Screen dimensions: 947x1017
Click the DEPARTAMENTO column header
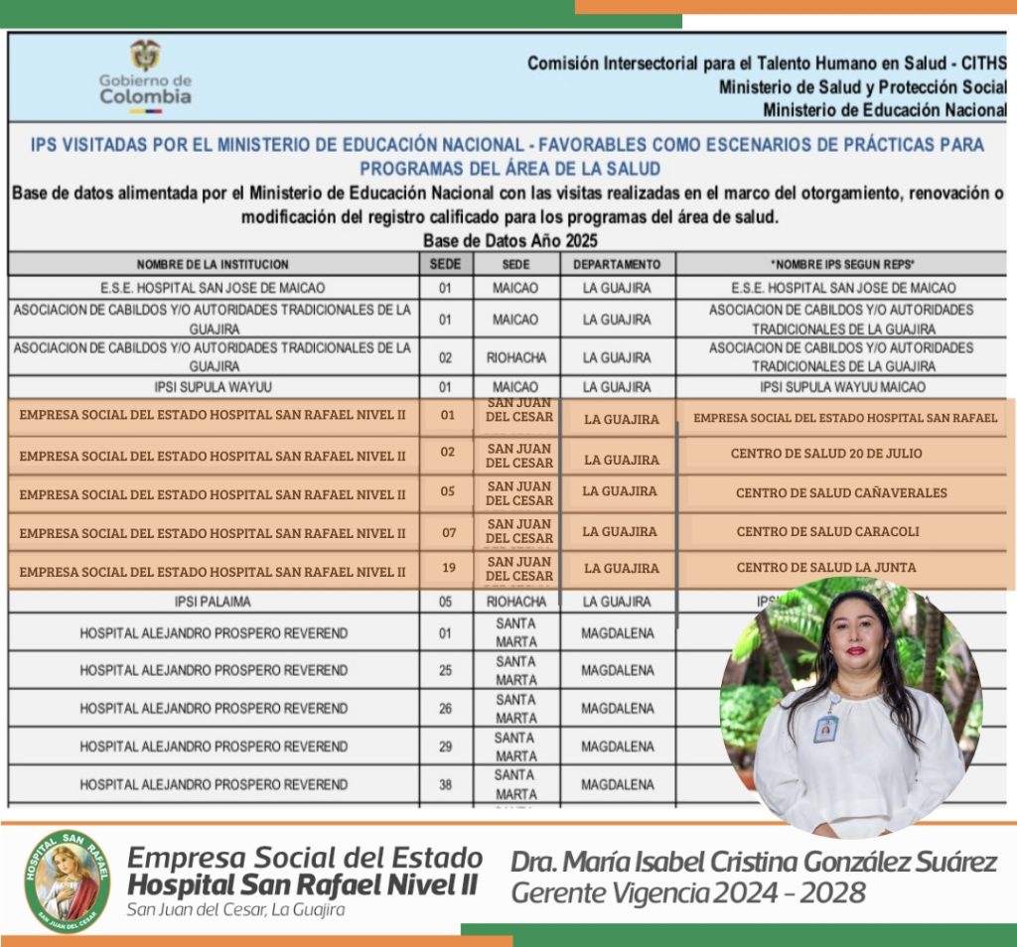tap(616, 264)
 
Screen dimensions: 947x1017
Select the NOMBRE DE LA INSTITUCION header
tap(213, 264)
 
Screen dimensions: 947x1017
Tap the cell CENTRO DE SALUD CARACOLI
tap(827, 532)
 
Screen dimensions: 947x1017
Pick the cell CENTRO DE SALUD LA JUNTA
tap(825, 568)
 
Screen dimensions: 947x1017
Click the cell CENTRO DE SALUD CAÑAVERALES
tap(840, 492)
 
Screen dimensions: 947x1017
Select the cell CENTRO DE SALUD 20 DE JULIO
tap(826, 454)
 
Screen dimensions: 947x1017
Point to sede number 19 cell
tap(447, 568)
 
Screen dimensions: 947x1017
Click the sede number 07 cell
tap(449, 532)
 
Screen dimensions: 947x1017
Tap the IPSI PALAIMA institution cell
tap(213, 602)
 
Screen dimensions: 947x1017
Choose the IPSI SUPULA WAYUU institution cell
tap(213, 387)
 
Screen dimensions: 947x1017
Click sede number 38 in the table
tap(446, 784)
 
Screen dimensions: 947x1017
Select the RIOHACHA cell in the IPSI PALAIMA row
tap(515, 602)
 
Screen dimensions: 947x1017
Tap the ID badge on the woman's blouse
tap(825, 728)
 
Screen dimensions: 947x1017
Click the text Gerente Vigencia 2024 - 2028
tap(687, 893)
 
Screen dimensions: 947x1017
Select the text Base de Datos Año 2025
tap(510, 240)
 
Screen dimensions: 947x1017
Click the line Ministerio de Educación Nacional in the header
tap(885, 109)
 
